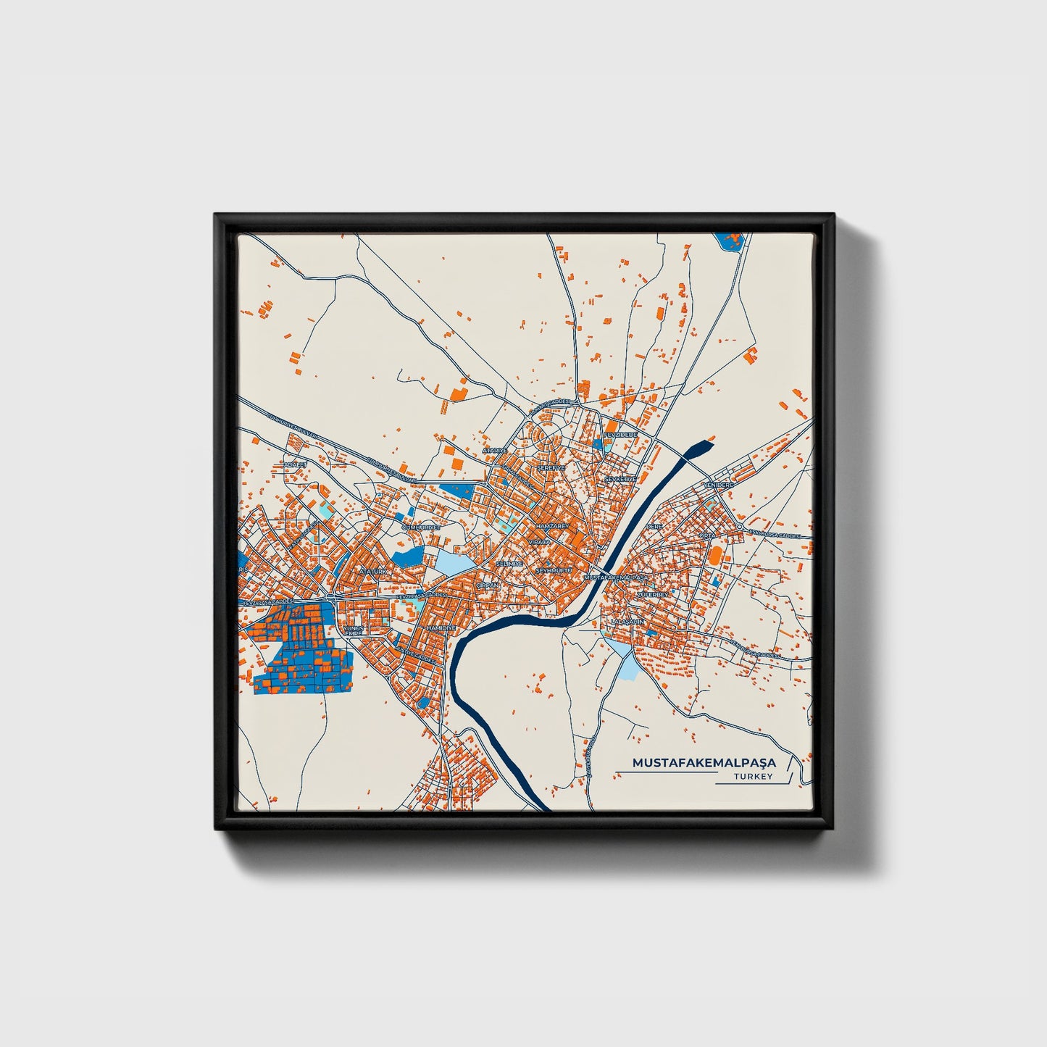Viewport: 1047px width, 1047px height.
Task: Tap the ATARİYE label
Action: coord(496,451)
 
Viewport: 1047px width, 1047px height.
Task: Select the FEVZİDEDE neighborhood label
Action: coord(620,435)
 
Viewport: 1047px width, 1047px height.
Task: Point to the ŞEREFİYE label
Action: coord(550,468)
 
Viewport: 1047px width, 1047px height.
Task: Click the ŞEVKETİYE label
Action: coord(620,479)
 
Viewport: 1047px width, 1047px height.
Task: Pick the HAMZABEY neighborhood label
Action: coord(549,525)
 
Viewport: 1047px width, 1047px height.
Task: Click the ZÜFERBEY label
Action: coord(650,594)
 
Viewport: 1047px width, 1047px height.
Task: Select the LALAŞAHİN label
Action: coord(627,622)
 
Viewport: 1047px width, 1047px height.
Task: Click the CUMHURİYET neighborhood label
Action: coord(420,527)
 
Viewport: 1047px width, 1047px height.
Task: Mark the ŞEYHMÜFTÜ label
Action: coord(554,571)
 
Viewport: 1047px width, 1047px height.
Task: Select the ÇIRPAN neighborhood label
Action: coord(488,585)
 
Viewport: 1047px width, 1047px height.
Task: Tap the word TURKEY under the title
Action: coord(753,777)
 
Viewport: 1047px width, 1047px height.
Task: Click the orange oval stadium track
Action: coord(716,556)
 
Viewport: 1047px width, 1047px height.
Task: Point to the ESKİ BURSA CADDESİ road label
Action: coord(775,535)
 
